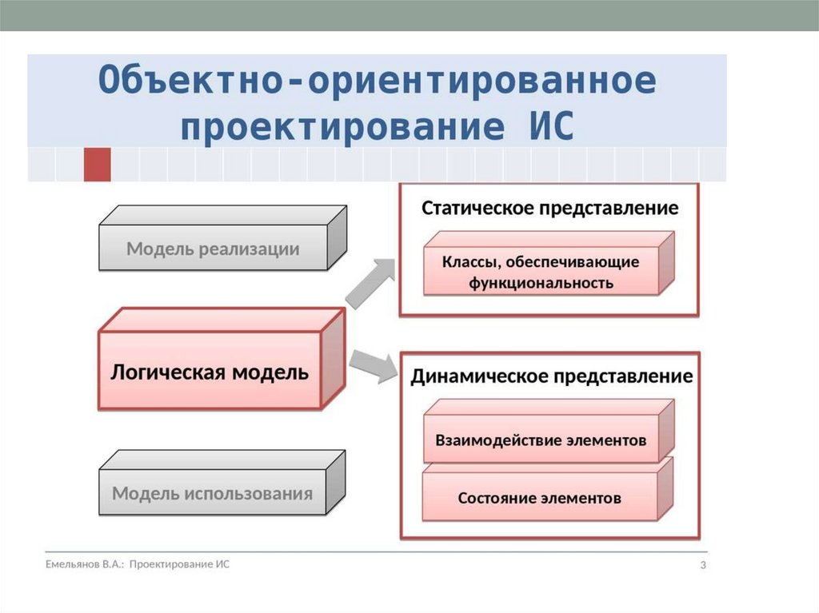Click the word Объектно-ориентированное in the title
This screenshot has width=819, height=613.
[x=378, y=81]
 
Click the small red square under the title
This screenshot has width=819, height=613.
[x=97, y=164]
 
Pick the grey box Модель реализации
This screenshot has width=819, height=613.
[x=213, y=249]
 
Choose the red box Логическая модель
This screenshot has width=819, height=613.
[x=210, y=372]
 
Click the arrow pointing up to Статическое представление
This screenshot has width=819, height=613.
[x=371, y=281]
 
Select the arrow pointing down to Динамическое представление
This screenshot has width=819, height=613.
[x=373, y=364]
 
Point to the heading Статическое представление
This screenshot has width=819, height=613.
[x=549, y=208]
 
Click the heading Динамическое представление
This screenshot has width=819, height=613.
[x=551, y=376]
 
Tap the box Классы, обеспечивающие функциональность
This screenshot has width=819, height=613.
[x=541, y=272]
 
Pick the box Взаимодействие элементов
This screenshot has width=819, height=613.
[x=541, y=440]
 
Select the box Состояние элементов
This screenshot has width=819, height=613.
[x=539, y=498]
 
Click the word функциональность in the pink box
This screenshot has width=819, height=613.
[x=541, y=282]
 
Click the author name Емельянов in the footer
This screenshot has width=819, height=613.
[x=71, y=564]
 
